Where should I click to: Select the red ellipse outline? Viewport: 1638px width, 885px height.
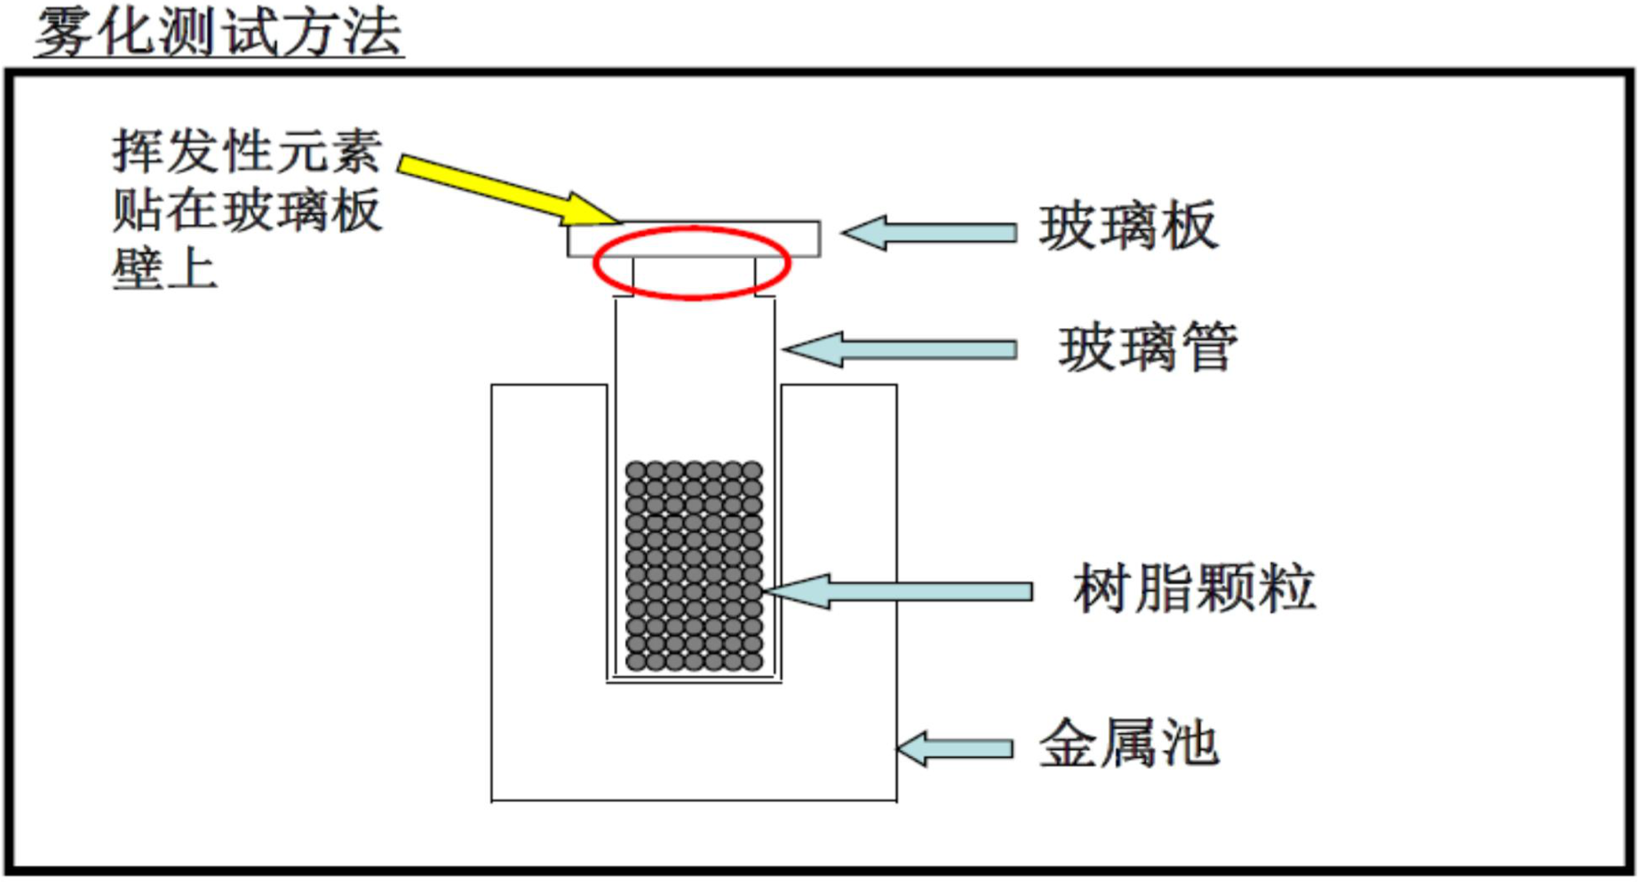click(x=597, y=264)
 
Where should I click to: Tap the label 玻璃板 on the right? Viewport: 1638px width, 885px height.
click(x=1128, y=227)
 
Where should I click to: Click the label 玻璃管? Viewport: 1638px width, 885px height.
click(x=1147, y=347)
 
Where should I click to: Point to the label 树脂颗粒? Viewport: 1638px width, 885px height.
click(x=1193, y=588)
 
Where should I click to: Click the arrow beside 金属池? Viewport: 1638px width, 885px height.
click(x=955, y=748)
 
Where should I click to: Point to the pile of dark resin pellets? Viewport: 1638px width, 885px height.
click(x=694, y=565)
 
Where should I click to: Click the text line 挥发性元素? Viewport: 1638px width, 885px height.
click(x=247, y=151)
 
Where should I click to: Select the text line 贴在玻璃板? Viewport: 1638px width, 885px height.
click(x=247, y=210)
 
